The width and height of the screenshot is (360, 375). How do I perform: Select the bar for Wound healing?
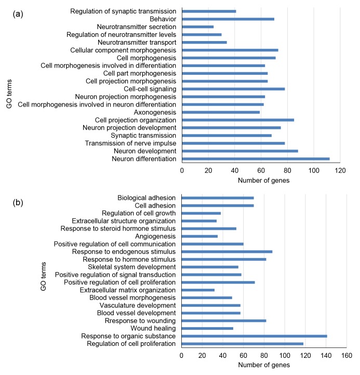(x=207, y=328)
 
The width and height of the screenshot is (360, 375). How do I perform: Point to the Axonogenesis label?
(x=155, y=112)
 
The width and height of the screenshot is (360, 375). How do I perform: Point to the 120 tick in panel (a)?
(x=340, y=170)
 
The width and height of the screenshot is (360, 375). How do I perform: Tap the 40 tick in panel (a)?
(x=235, y=170)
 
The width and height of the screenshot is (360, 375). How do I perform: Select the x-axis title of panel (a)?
(x=263, y=180)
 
